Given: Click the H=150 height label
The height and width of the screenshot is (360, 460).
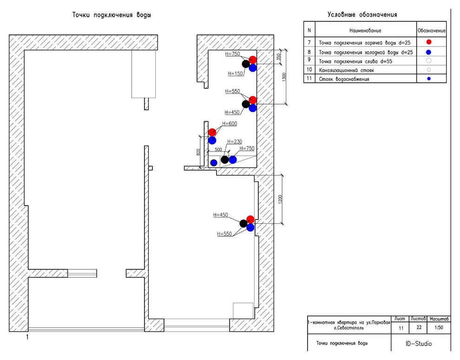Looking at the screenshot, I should [235, 73].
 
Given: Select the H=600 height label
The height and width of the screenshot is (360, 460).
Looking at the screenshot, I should [230, 124].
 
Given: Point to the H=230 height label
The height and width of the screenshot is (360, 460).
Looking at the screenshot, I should [235, 141].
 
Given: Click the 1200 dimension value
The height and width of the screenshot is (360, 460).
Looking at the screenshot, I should [280, 199].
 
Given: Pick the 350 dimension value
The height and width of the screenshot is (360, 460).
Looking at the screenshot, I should [279, 56].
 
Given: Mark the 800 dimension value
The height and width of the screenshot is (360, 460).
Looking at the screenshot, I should [198, 152].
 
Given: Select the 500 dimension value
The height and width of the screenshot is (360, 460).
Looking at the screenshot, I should [218, 150].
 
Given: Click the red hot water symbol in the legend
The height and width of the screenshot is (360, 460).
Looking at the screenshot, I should [429, 42].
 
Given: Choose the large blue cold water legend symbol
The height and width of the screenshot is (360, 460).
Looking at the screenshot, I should [429, 52].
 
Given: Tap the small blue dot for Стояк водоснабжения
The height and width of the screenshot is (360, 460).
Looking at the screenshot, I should [429, 79].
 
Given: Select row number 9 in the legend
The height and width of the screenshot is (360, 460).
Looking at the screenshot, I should [309, 61].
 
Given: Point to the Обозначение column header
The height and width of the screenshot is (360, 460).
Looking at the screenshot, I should [432, 31].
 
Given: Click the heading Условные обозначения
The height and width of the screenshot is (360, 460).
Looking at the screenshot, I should [362, 14].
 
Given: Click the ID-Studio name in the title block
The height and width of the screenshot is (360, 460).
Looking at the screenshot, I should [419, 344].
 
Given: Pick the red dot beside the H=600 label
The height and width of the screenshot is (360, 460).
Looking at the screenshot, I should [212, 132].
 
